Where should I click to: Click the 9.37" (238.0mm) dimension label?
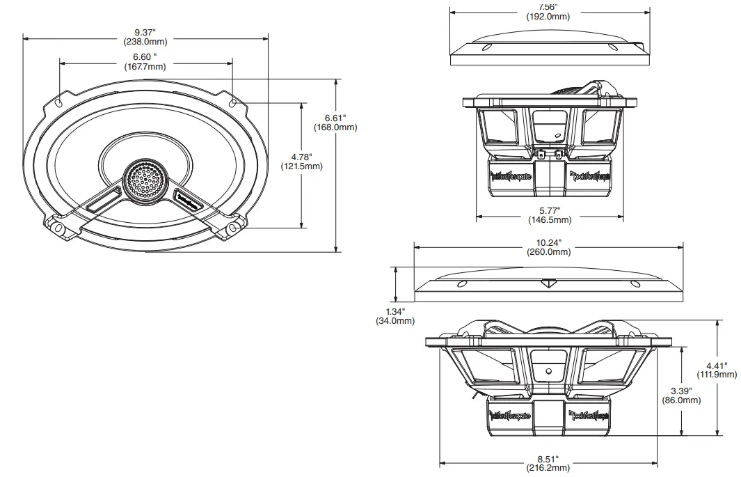(x=145, y=37)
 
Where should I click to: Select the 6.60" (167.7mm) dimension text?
(x=145, y=62)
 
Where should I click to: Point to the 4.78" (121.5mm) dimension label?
(x=301, y=162)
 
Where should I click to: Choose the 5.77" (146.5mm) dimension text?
(x=549, y=214)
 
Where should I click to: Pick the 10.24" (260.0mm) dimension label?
(x=549, y=247)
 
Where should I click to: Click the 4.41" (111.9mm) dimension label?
(x=717, y=370)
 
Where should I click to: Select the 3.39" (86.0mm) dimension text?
(x=681, y=395)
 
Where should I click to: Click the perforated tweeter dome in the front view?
(x=145, y=180)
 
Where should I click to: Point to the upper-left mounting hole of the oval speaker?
(x=60, y=103)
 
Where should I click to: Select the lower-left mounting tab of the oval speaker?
(x=59, y=228)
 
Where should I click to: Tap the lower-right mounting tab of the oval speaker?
(x=232, y=228)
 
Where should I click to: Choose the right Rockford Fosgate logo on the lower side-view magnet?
(x=591, y=416)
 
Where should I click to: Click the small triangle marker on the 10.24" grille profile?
(x=550, y=283)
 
